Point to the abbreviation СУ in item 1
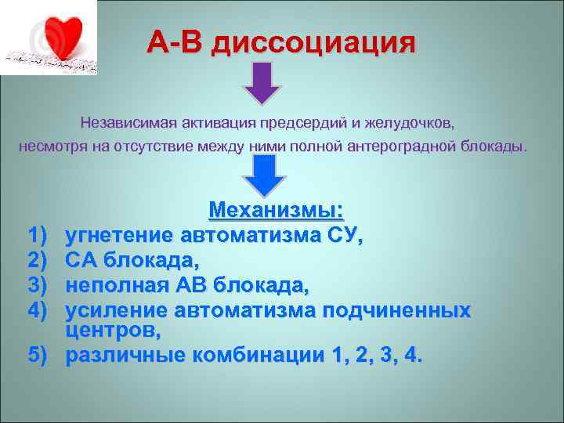pyautogui.click(x=342, y=236)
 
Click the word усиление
pyautogui.click(x=117, y=311)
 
